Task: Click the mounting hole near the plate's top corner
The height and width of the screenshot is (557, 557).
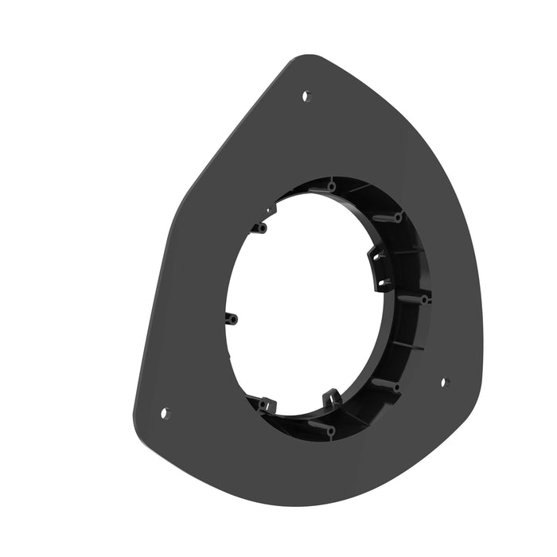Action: tap(306, 95)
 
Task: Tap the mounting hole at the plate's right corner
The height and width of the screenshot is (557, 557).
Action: tap(444, 382)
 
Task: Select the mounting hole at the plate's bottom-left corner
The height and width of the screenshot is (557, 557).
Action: tap(166, 413)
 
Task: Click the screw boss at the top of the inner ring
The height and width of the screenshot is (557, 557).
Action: tap(331, 186)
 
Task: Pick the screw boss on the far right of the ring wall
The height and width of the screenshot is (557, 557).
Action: tap(425, 299)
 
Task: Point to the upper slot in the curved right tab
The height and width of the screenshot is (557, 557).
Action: tap(380, 257)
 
